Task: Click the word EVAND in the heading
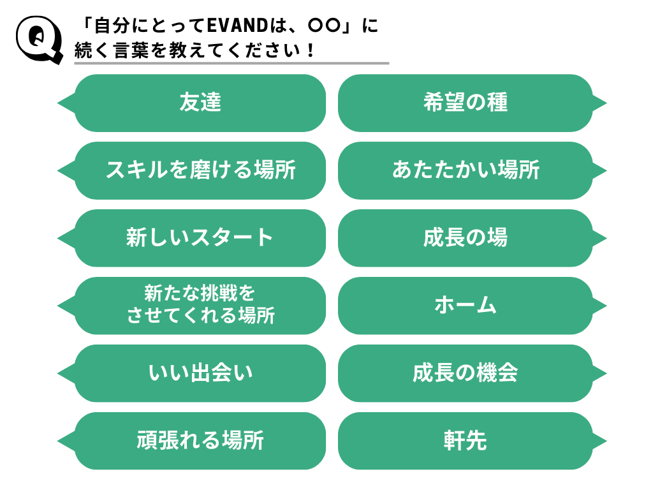(236, 26)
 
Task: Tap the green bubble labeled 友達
(200, 103)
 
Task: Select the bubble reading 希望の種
(466, 103)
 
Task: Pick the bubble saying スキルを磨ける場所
(200, 170)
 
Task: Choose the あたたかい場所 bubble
(466, 170)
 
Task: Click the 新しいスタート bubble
(200, 238)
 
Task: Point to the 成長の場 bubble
(466, 238)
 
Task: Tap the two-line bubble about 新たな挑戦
(200, 305)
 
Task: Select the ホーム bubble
(466, 305)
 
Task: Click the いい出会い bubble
(200, 373)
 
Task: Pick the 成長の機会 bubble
(466, 373)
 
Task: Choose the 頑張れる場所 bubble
(200, 441)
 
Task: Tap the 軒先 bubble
(466, 441)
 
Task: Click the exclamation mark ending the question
(311, 50)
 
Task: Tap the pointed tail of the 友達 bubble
(64, 103)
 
